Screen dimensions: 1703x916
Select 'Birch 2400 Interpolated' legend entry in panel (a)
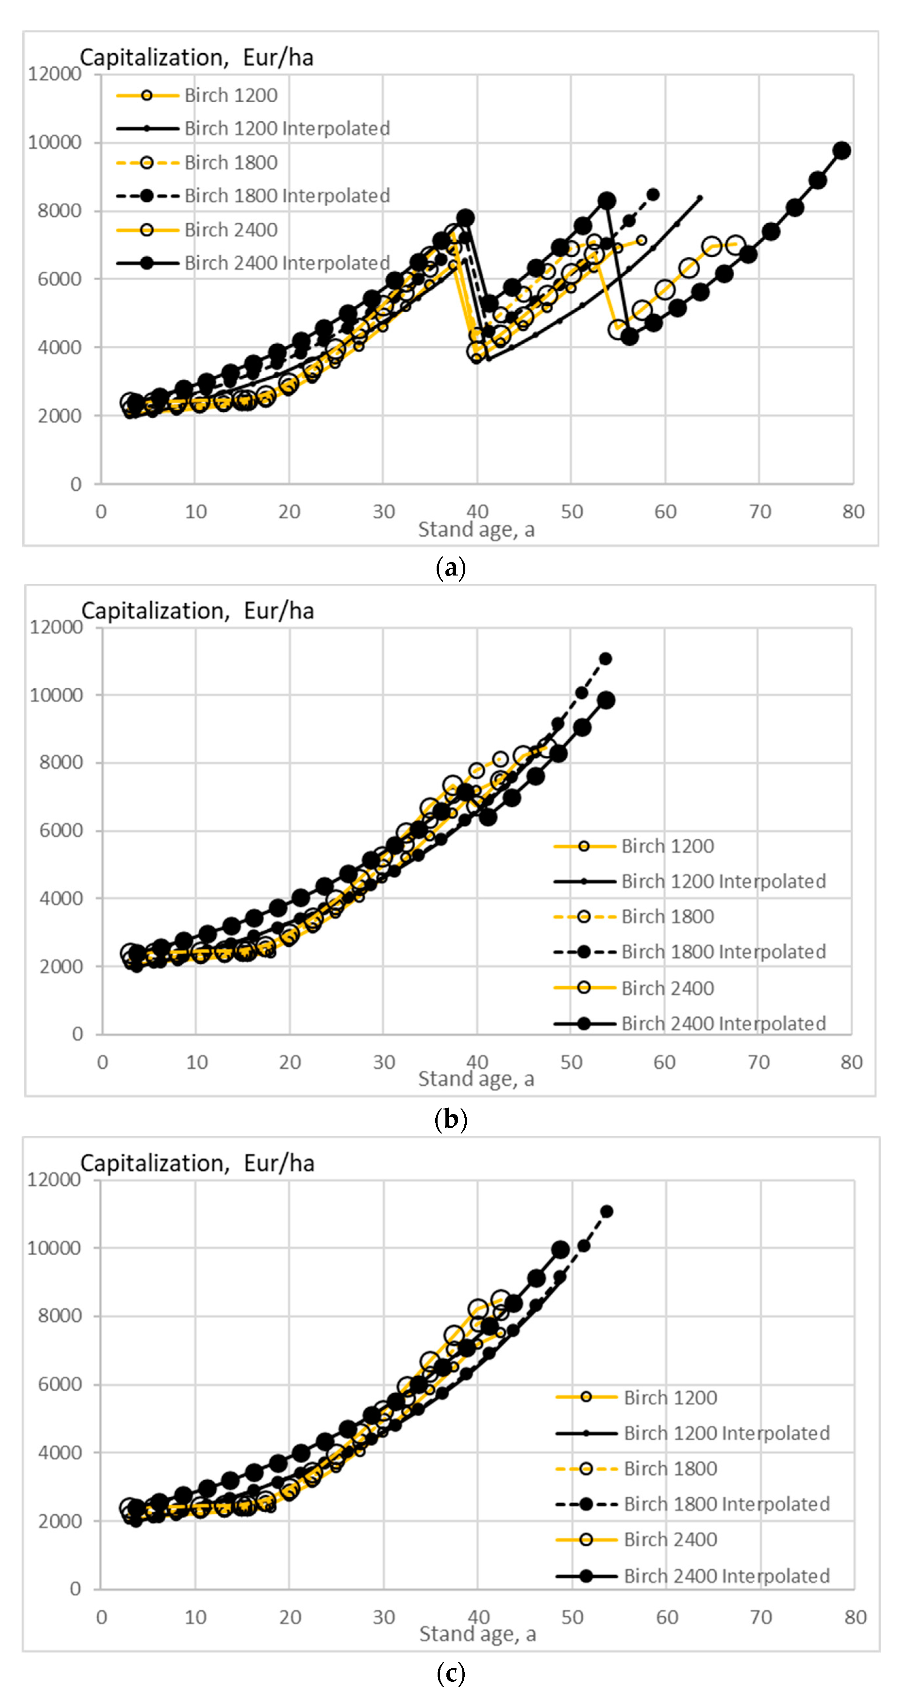[287, 263]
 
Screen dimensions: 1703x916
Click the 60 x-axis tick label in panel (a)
[666, 512]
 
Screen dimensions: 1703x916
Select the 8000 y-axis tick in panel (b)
[56, 762]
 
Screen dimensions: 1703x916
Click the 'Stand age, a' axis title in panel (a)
[476, 529]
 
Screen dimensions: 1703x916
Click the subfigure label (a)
[451, 568]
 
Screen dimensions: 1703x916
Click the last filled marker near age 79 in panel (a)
[841, 151]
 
